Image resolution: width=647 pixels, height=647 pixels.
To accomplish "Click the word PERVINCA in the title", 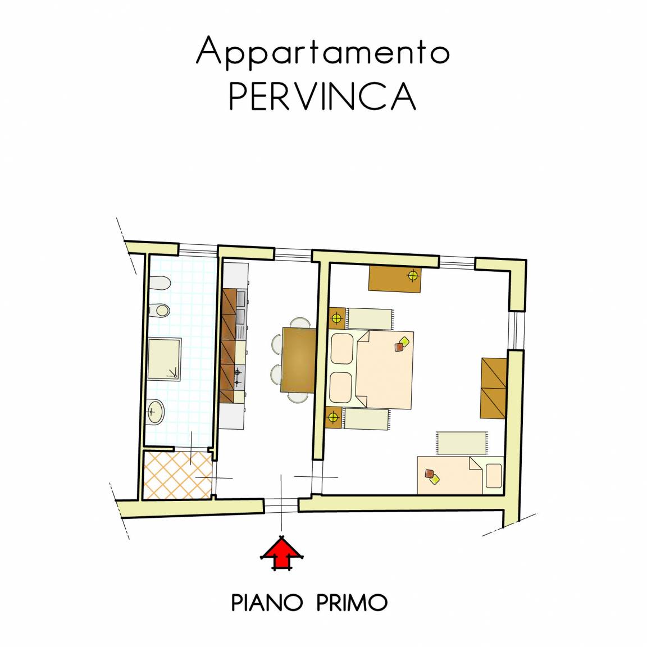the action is point(322,95).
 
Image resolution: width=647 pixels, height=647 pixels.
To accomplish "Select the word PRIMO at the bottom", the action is point(352,603).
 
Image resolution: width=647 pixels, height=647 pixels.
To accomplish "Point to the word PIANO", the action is point(267,603).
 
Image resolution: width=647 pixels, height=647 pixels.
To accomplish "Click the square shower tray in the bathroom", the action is point(164,359).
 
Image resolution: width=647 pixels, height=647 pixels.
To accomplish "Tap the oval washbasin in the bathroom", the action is point(156,411).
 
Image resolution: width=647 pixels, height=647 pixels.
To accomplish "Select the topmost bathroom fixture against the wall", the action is point(160,284).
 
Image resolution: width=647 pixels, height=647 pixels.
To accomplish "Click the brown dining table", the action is point(298,359).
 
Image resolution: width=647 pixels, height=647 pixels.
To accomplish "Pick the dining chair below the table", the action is point(298,398).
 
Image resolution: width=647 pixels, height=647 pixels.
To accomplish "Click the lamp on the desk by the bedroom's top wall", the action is point(413,275).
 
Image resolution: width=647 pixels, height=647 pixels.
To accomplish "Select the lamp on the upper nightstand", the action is point(337,318).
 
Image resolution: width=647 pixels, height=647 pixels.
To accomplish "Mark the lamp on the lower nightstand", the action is point(334,417).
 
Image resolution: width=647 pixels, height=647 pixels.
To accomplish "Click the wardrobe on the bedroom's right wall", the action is point(493,388).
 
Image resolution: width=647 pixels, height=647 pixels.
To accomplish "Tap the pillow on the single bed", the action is point(494,476).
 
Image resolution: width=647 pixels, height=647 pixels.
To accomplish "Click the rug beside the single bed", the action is point(461,443).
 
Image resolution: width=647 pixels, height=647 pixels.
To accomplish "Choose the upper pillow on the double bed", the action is point(341,349).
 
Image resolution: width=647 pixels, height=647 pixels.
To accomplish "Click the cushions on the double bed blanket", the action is point(401,344).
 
